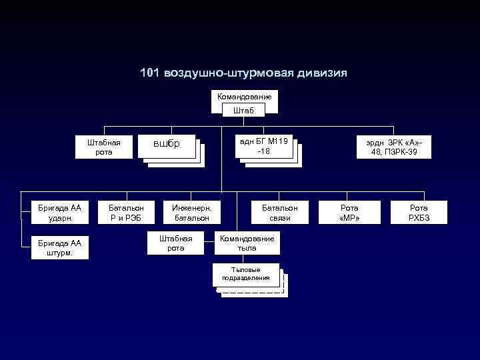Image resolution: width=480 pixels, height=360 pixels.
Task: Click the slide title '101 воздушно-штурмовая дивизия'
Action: (x=243, y=73)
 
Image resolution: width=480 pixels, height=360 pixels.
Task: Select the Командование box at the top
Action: (x=244, y=97)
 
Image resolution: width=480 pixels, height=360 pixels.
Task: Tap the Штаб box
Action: (x=243, y=111)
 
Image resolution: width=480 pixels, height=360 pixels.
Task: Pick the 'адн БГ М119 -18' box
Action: (x=263, y=146)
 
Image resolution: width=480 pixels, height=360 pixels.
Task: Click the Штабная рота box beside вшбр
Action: (x=104, y=147)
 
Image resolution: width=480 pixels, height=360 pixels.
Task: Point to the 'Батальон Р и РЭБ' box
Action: (x=127, y=213)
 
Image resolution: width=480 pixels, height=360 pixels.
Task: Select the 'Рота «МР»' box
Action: (x=349, y=213)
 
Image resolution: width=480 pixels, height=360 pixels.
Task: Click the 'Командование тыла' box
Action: (x=247, y=243)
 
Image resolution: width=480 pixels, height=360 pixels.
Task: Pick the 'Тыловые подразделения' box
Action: (x=246, y=274)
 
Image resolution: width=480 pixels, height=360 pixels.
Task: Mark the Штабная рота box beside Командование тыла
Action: (x=176, y=243)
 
